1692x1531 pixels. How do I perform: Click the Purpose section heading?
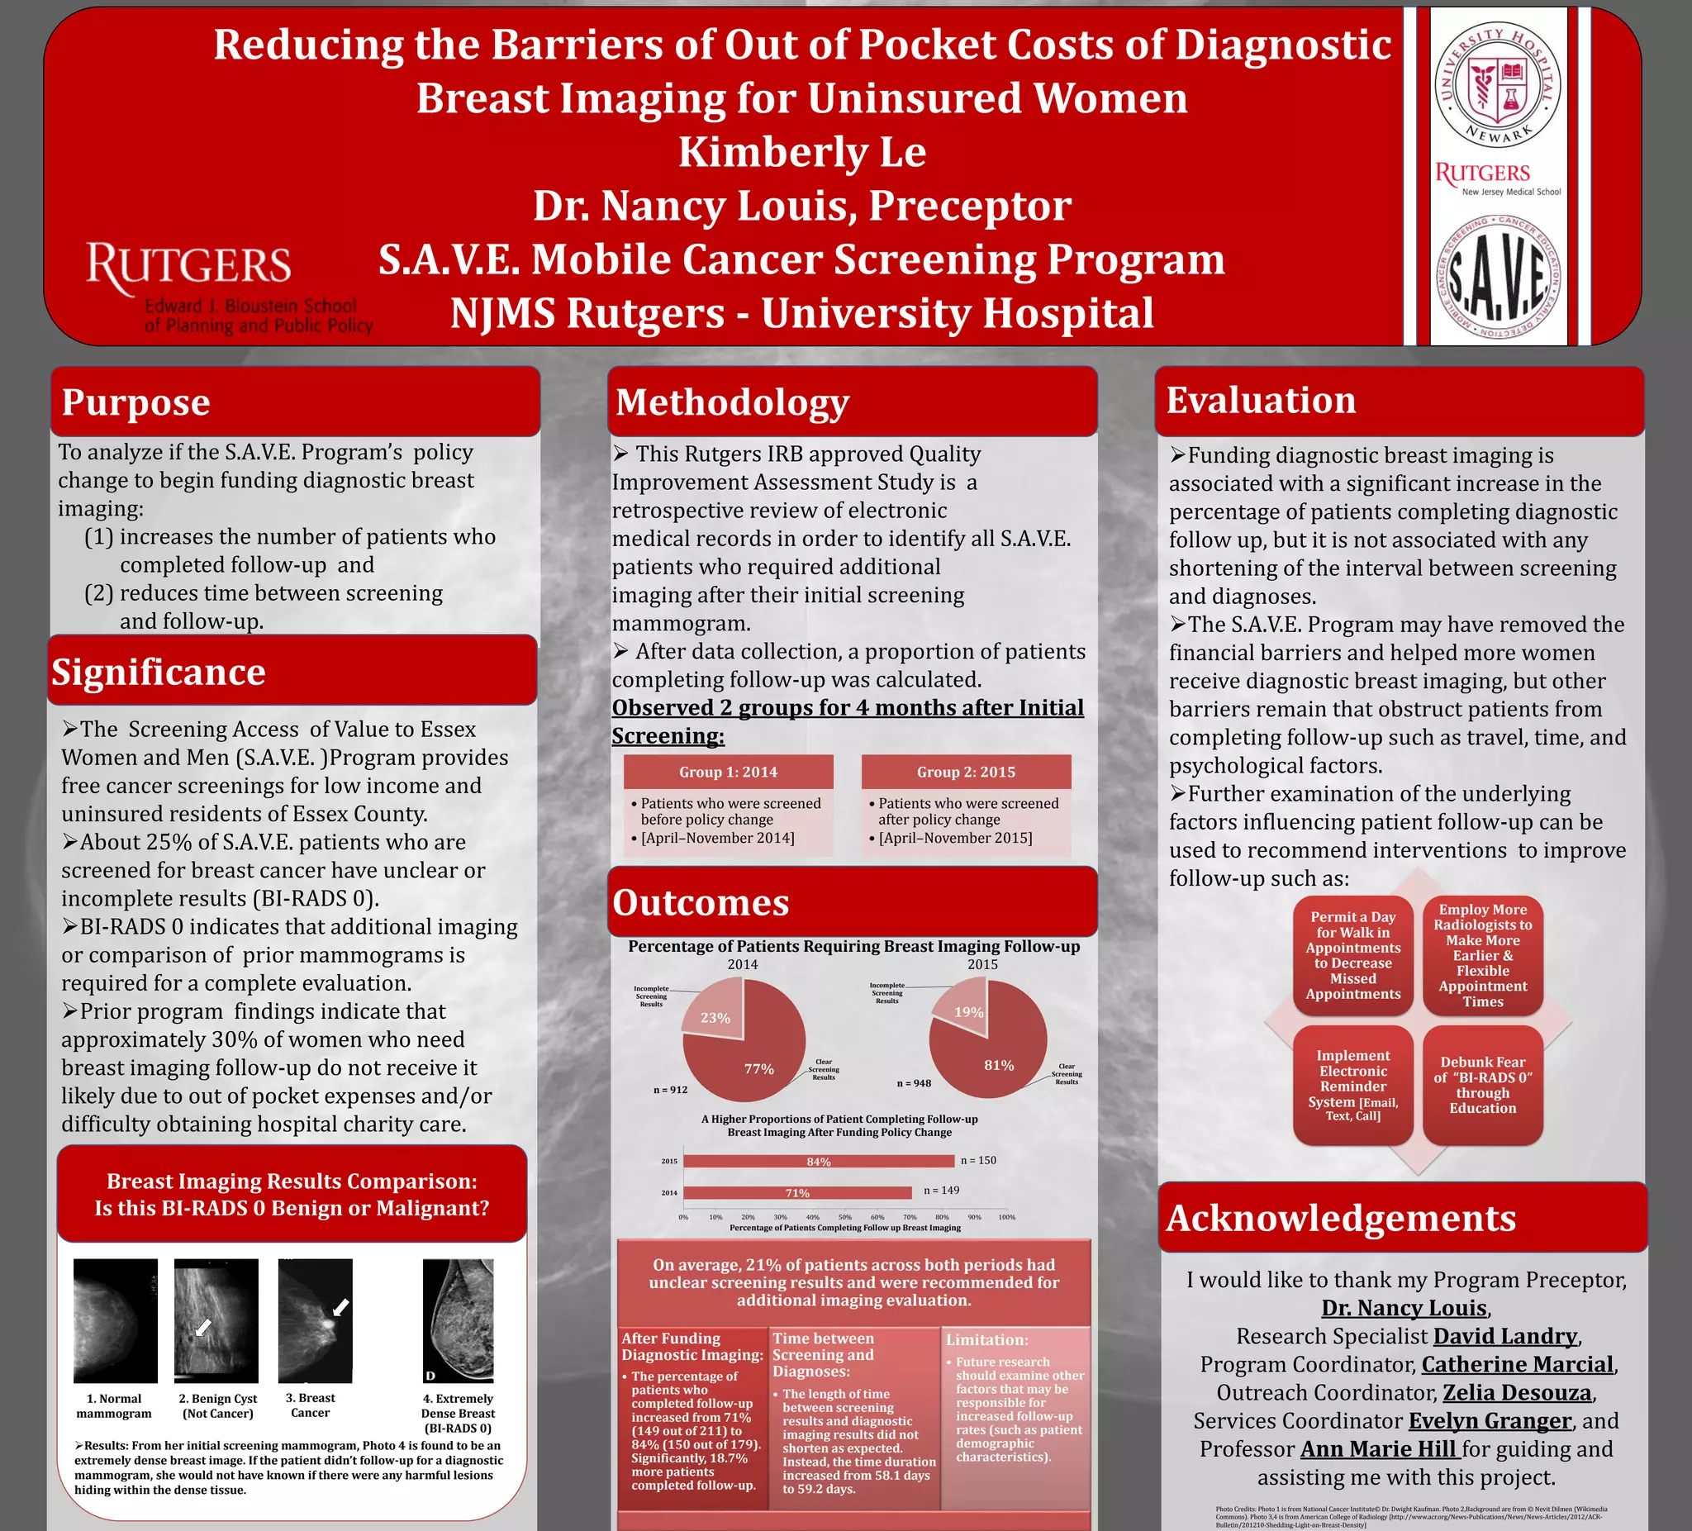[x=136, y=402]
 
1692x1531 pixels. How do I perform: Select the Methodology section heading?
[x=733, y=402]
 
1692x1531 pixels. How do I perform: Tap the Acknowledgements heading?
[x=1341, y=1218]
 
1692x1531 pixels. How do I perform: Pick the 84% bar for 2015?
[x=818, y=1162]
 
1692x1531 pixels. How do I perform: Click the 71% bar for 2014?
[x=796, y=1193]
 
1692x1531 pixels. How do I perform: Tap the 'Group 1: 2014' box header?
[x=728, y=773]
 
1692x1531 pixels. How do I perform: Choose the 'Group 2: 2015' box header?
[x=966, y=773]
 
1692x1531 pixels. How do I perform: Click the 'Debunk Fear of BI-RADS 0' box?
[x=1482, y=1085]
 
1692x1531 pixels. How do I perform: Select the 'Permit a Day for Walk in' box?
[x=1353, y=955]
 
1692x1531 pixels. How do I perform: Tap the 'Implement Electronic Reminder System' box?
[x=1353, y=1085]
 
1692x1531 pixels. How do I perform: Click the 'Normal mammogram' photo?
[x=115, y=1320]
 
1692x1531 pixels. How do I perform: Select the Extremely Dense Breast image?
[x=459, y=1320]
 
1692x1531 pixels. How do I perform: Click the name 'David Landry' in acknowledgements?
[x=1505, y=1336]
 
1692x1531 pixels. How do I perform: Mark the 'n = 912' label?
[x=670, y=1090]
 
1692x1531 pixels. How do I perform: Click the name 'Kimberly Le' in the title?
[x=801, y=152]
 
